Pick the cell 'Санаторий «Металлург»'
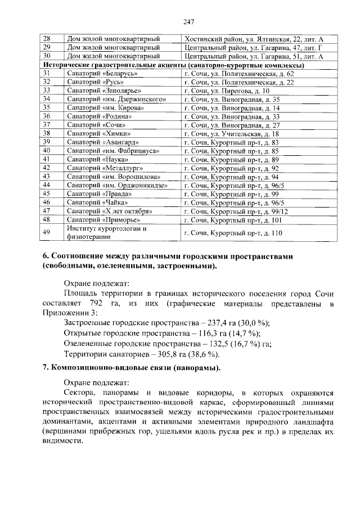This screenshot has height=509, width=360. pyautogui.click(x=101, y=168)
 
